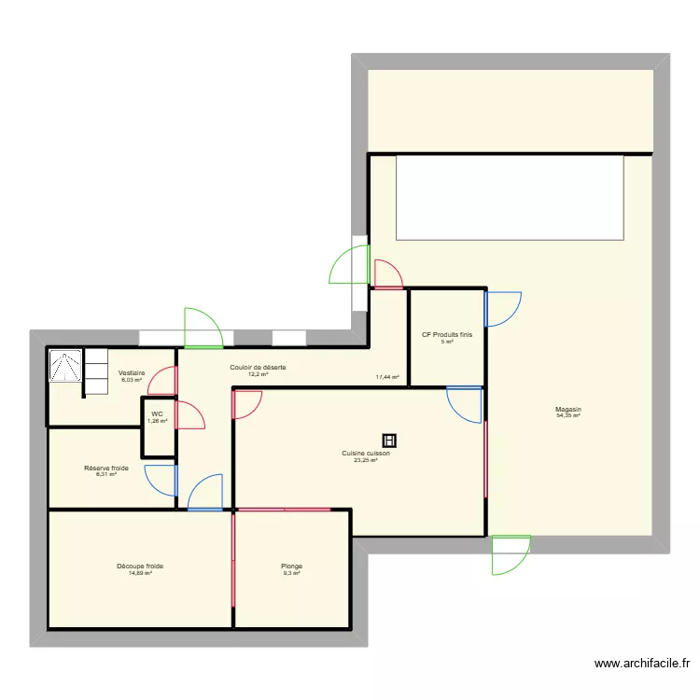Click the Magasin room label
click(567, 409)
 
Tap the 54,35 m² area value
click(567, 415)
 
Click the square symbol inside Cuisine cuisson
click(389, 440)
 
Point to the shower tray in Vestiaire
click(65, 366)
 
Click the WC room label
click(157, 413)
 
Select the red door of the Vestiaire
click(163, 381)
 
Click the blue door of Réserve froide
click(161, 480)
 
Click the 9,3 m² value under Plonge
click(292, 573)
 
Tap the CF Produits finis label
click(447, 334)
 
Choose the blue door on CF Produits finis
click(503, 309)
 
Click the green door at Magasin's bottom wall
click(510, 554)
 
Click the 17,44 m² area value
click(387, 377)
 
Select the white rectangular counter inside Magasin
click(510, 197)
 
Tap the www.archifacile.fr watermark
click(641, 664)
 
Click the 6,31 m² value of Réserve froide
click(106, 474)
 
